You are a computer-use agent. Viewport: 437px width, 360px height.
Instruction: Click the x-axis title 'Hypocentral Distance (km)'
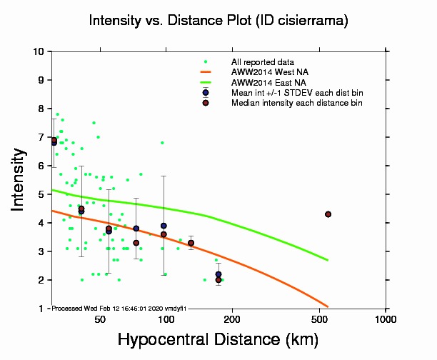click(x=218, y=340)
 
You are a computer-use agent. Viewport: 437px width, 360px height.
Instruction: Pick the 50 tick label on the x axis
click(x=100, y=319)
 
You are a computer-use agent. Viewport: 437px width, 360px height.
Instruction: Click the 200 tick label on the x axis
click(x=233, y=319)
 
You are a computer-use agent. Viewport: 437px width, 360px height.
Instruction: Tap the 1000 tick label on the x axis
click(x=386, y=319)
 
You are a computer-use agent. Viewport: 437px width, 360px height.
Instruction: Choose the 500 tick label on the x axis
click(x=320, y=319)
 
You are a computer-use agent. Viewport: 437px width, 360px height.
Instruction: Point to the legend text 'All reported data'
click(x=263, y=62)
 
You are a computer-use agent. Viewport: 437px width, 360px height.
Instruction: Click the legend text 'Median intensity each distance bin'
click(x=296, y=103)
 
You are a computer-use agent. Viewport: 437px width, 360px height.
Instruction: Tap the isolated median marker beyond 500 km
click(x=328, y=214)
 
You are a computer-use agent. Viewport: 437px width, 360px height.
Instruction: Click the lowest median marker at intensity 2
click(x=218, y=280)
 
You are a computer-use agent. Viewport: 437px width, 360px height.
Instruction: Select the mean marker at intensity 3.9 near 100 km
click(x=164, y=226)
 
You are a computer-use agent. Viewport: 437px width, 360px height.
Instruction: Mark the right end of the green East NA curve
click(x=328, y=260)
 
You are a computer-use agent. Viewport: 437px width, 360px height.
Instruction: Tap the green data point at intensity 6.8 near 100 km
click(x=162, y=143)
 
